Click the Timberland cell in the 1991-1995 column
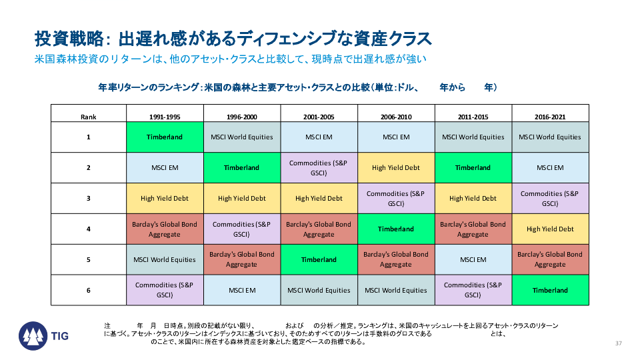click(x=165, y=137)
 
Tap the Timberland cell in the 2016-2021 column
click(x=550, y=290)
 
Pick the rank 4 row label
click(x=89, y=229)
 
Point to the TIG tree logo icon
click(x=33, y=336)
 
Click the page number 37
click(x=619, y=343)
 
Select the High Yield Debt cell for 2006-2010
click(x=396, y=168)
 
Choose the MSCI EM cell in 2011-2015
click(x=473, y=259)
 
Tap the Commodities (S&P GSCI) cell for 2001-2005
click(x=319, y=168)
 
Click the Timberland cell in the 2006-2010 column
click(x=396, y=229)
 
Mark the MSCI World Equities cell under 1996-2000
click(x=242, y=137)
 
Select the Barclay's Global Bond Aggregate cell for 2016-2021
click(x=550, y=259)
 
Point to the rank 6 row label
click(x=89, y=290)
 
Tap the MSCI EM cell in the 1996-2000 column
click(x=242, y=290)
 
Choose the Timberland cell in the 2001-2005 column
click(x=319, y=259)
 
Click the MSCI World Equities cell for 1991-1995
click(x=165, y=259)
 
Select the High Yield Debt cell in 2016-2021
click(x=550, y=229)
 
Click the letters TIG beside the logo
click(x=59, y=336)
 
